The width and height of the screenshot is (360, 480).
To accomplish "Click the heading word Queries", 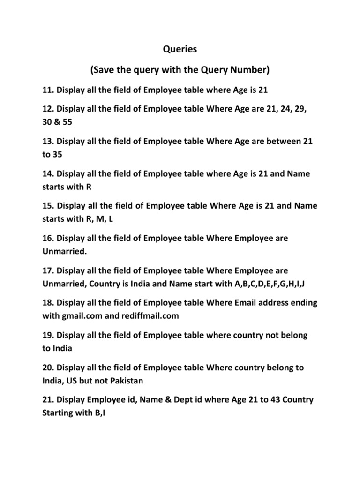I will pyautogui.click(x=180, y=48).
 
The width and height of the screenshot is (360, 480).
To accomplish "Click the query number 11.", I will pyautogui.click(x=48, y=90).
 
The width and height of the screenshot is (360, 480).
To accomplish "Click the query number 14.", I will pyautogui.click(x=48, y=173).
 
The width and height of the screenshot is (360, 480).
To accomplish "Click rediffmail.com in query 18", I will pyautogui.click(x=151, y=315).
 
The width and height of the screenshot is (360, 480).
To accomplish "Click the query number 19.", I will pyautogui.click(x=48, y=335).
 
